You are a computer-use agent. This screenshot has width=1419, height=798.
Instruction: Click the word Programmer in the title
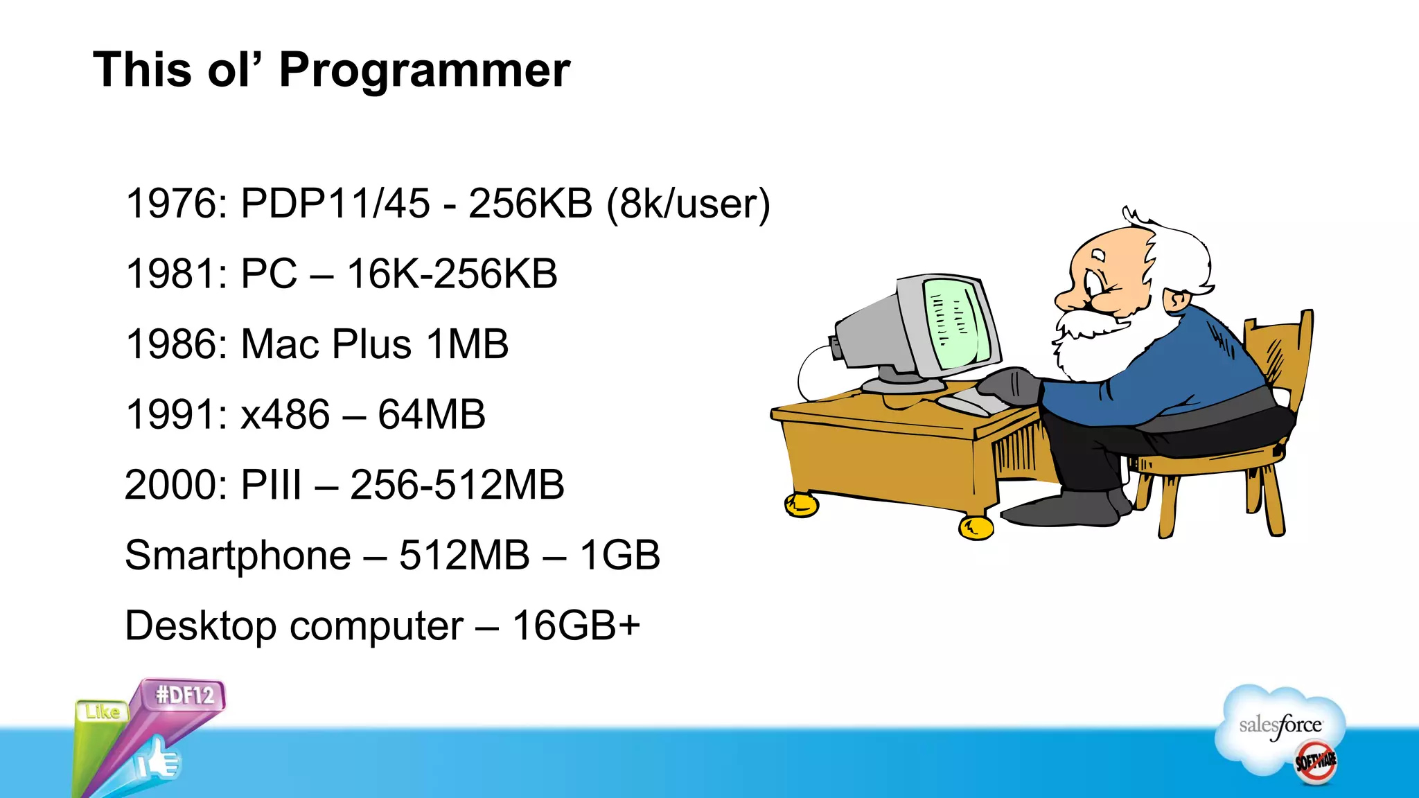pos(424,71)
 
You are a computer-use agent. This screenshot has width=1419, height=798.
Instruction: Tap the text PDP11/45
pos(335,204)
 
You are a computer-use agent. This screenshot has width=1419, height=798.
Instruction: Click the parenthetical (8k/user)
pos(688,204)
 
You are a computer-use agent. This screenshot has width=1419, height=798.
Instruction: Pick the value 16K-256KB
pos(452,274)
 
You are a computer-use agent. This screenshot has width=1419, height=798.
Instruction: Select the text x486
pos(285,414)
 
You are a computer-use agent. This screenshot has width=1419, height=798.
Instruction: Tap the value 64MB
pos(431,414)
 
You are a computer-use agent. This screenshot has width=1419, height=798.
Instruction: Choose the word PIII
pos(271,485)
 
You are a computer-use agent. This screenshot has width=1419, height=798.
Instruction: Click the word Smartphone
pos(238,556)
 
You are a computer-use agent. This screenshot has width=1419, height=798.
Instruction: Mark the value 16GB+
pos(576,626)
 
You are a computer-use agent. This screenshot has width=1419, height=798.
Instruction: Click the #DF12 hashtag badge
pos(185,695)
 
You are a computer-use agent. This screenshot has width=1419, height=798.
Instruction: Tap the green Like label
pos(103,712)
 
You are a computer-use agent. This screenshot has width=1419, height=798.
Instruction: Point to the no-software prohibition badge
pos(1316,762)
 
